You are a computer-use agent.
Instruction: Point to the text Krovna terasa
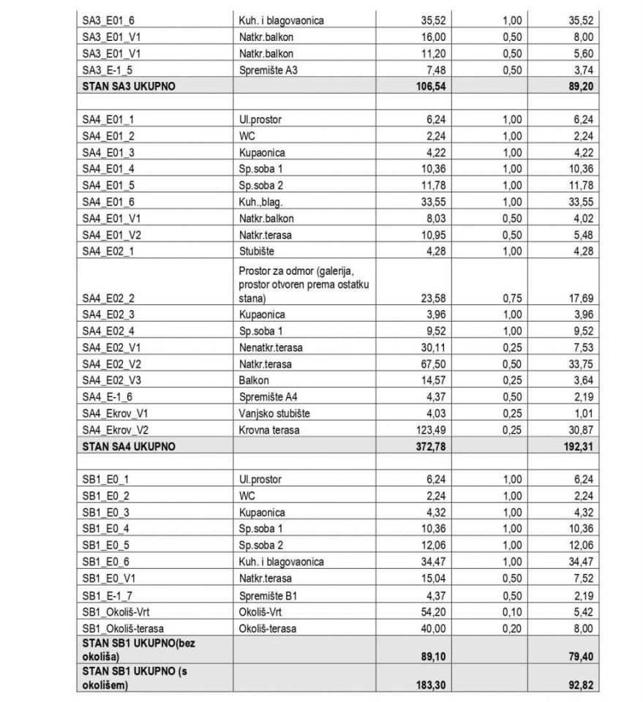point(268,430)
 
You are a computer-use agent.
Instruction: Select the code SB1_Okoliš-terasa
point(121,627)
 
